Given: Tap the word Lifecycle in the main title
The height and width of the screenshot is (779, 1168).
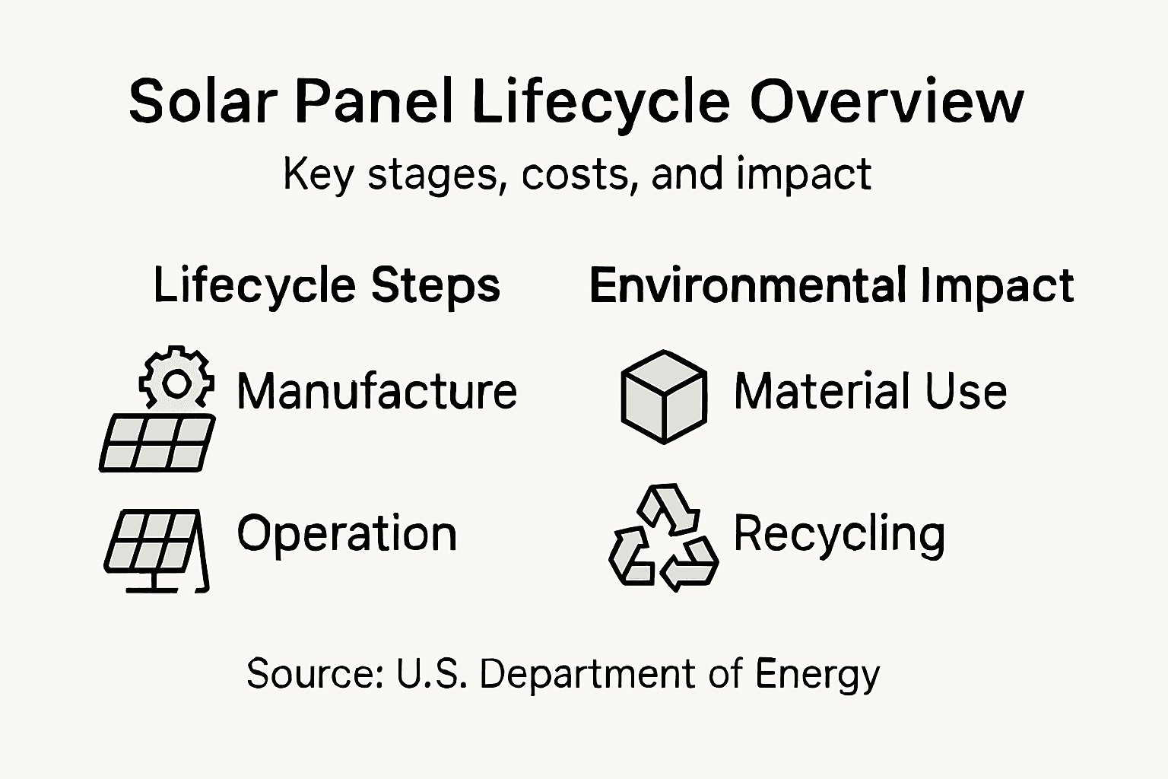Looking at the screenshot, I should pos(601,101).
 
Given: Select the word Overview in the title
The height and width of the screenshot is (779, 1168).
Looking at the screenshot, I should pos(887,101).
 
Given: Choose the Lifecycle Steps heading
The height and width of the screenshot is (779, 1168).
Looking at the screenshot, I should pos(327,286).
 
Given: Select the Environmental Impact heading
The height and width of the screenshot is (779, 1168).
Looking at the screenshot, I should pos(831,286).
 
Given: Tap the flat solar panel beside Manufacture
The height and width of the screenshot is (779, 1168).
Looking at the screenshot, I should pos(157,444).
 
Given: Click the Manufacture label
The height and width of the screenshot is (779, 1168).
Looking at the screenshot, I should pos(376,392).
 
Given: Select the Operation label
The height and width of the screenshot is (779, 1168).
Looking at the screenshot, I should pos(347,533).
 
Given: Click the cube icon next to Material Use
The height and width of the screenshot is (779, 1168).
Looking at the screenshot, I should pos(664,396).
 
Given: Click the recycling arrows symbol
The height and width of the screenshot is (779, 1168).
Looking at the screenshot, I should pos(664,539).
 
